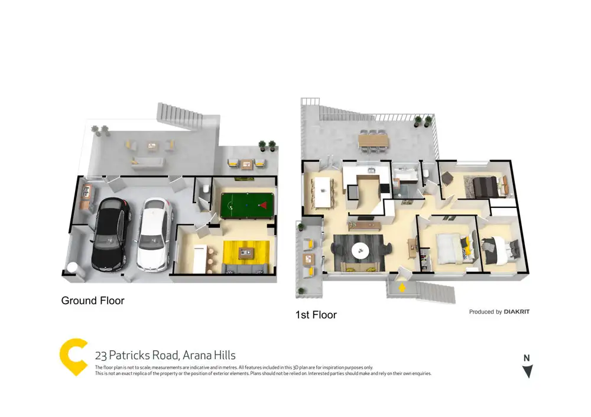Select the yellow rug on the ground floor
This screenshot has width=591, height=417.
coord(246,253)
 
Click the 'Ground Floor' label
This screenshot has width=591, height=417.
coord(93,301)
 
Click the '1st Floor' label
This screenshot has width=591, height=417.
coord(316,315)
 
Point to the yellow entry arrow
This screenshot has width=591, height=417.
coord(402,288)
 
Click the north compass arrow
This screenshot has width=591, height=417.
coord(527,370)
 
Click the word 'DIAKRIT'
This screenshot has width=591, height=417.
coord(517,312)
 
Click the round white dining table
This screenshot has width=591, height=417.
coord(361,250)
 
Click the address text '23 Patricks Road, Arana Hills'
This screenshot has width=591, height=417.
coord(165,355)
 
